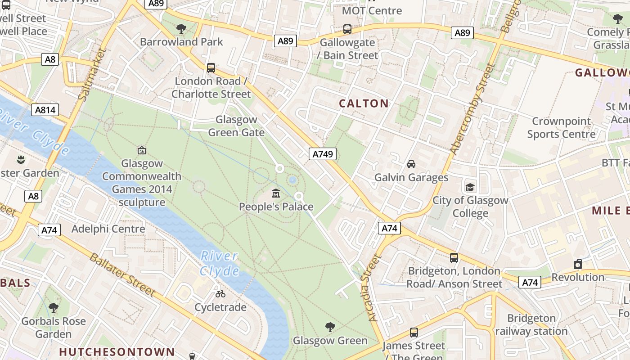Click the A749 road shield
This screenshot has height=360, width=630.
point(323,154)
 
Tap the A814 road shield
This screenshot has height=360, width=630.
point(45,110)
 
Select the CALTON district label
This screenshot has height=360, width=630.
point(364,103)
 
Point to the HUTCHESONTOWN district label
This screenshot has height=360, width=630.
point(117,351)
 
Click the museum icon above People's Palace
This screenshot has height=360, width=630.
point(276,193)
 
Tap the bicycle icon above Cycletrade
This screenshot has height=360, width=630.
point(220,294)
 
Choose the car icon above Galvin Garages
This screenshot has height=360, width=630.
point(411,164)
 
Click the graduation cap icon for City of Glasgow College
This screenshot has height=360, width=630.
point(470,187)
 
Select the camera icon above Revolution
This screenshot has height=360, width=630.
point(578,264)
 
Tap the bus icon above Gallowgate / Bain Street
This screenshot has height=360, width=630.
point(347,29)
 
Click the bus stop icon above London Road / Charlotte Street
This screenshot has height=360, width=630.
point(211,68)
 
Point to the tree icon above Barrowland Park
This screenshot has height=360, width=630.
point(181,29)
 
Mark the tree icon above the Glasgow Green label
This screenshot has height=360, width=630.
point(330,327)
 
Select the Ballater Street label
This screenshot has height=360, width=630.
point(122,275)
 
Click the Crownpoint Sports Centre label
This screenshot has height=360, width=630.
point(561,128)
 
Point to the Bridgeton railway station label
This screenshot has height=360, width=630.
point(531,325)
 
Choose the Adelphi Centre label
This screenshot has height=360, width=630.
point(108,229)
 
